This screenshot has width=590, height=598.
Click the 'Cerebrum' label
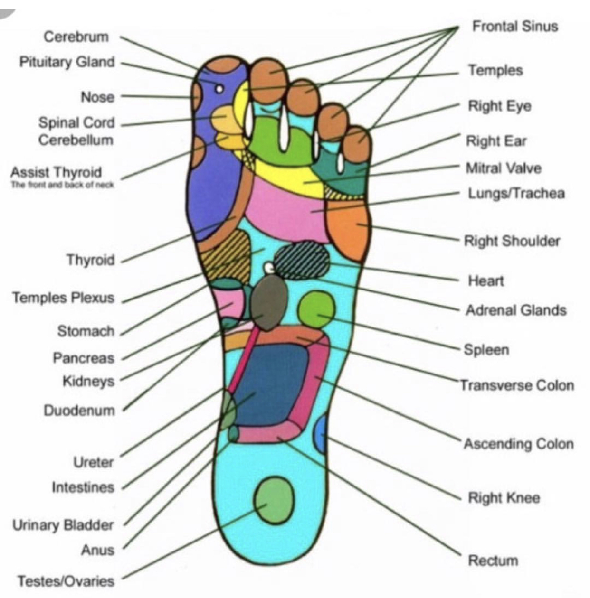pyautogui.click(x=76, y=37)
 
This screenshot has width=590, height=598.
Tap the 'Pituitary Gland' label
pyautogui.click(x=67, y=62)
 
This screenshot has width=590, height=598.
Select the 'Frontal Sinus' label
pyautogui.click(x=515, y=26)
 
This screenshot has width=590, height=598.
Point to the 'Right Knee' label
pyautogui.click(x=504, y=498)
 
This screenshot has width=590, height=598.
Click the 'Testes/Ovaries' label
pyautogui.click(x=66, y=581)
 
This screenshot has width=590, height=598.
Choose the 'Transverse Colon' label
pyautogui.click(x=517, y=385)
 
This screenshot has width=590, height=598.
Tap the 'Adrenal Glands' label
pyautogui.click(x=516, y=310)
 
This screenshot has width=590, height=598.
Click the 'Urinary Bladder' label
pyautogui.click(x=63, y=525)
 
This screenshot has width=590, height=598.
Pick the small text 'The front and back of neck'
pyautogui.click(x=62, y=185)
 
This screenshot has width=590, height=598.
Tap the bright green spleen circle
pyautogui.click(x=316, y=309)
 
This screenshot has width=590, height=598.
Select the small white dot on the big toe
pyautogui.click(x=219, y=88)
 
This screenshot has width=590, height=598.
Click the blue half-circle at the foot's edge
pyautogui.click(x=321, y=433)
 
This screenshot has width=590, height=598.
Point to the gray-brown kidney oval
pyautogui.click(x=269, y=303)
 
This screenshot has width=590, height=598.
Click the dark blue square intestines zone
pyautogui.click(x=271, y=384)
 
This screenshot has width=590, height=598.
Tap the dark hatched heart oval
pyautogui.click(x=302, y=260)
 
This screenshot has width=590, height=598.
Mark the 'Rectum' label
pyautogui.click(x=493, y=561)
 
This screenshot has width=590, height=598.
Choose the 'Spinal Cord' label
pyautogui.click(x=76, y=122)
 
